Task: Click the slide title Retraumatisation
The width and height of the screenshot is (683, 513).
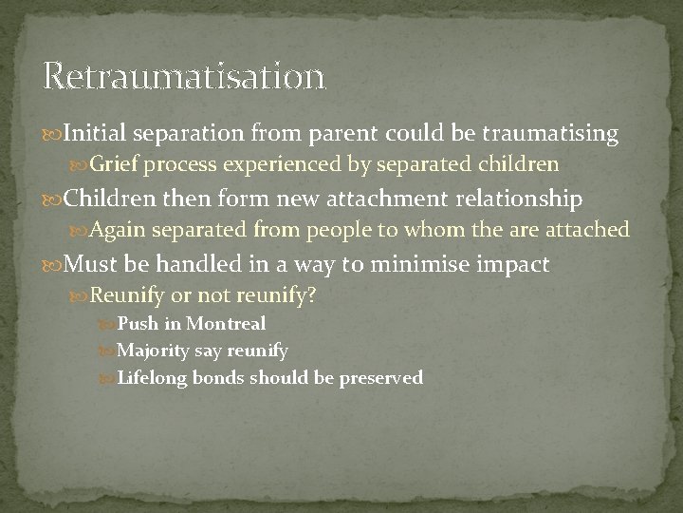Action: pyautogui.click(x=184, y=75)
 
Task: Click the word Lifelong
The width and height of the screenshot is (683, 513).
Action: pyautogui.click(x=161, y=377)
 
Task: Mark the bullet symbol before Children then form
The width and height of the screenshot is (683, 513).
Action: pyautogui.click(x=50, y=199)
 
